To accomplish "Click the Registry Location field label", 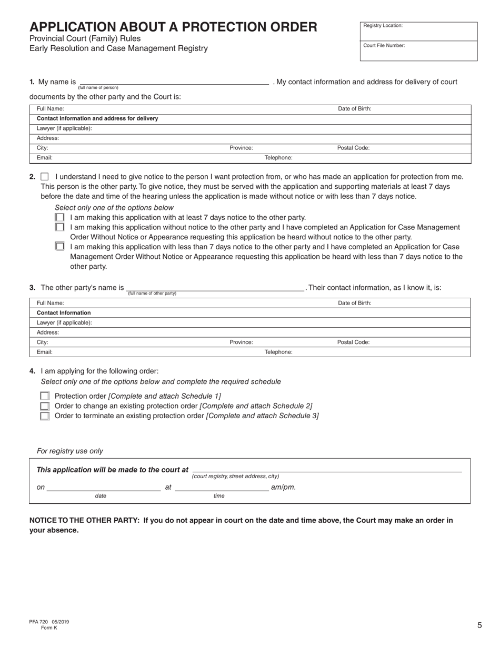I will point(383,26).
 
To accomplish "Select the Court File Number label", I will point(384,46).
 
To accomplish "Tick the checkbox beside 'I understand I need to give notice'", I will point(45,177).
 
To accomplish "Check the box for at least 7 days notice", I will point(59,217).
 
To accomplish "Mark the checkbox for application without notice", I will point(59,227).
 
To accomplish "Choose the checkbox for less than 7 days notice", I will point(59,246).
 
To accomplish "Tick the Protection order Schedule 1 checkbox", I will point(45,396).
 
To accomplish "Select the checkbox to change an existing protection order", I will point(45,406).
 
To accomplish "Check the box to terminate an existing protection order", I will point(45,416).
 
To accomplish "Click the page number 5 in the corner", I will point(479,625).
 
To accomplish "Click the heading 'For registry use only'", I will point(70,451).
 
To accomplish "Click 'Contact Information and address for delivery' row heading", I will point(97,119).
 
